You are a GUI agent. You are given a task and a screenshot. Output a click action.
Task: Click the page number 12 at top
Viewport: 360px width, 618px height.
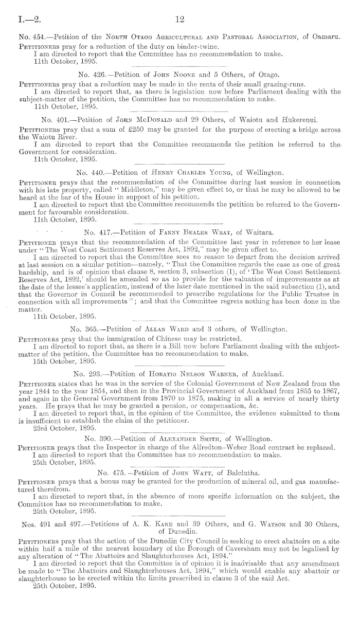[179, 20]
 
